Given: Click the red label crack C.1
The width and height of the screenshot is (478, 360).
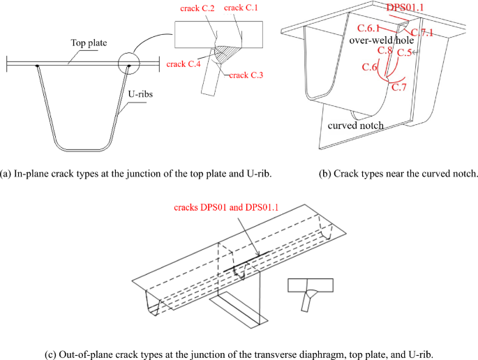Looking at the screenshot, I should [242, 8].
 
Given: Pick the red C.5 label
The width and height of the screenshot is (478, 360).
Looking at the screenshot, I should [405, 52].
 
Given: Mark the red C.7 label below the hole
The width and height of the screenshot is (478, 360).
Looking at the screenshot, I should [399, 87].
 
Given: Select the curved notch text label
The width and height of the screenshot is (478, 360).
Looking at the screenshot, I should [355, 126].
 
